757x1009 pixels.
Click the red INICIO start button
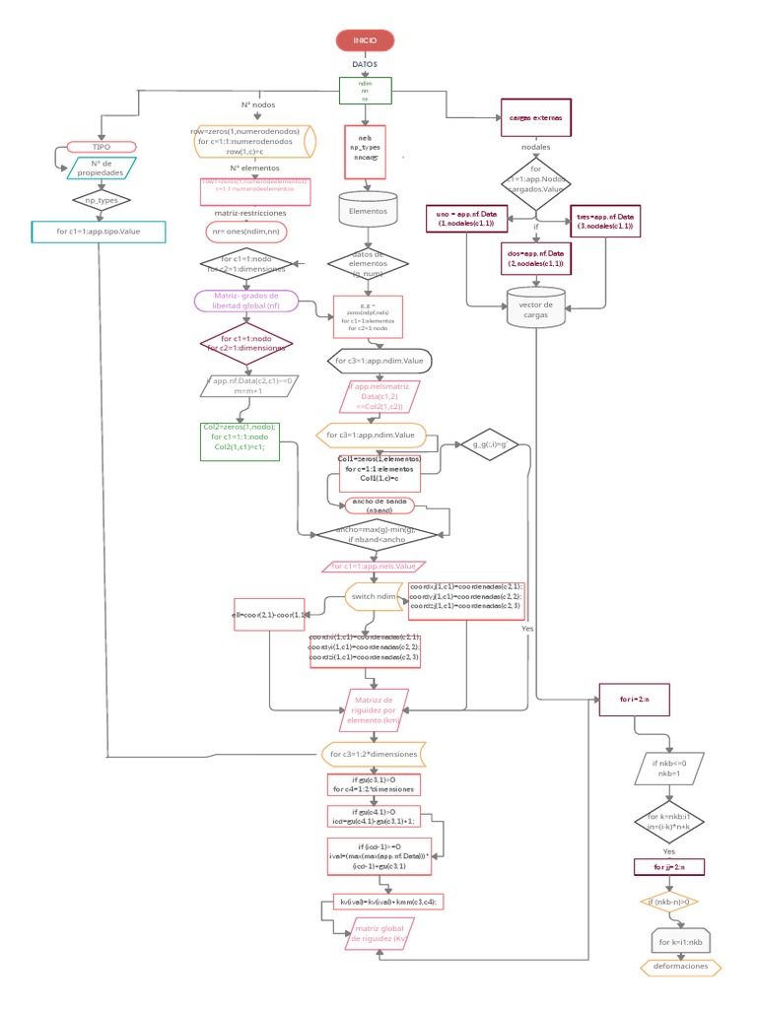[x=365, y=40]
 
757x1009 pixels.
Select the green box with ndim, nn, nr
[x=365, y=91]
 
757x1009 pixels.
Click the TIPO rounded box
[x=101, y=146]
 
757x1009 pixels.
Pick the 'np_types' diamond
[x=102, y=200]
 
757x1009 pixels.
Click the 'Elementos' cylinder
[x=369, y=210]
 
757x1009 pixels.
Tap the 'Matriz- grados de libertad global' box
[x=246, y=301]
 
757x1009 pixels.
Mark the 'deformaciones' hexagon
[x=680, y=967]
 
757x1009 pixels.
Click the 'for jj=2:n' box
[x=668, y=867]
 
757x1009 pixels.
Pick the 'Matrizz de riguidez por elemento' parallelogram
[x=373, y=709]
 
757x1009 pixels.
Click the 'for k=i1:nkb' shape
[x=681, y=941]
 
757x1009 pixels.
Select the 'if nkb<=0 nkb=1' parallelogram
[x=667, y=769]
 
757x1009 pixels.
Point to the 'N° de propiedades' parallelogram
[x=101, y=168]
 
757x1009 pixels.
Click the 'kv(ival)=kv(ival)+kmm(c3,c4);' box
[x=387, y=902]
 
